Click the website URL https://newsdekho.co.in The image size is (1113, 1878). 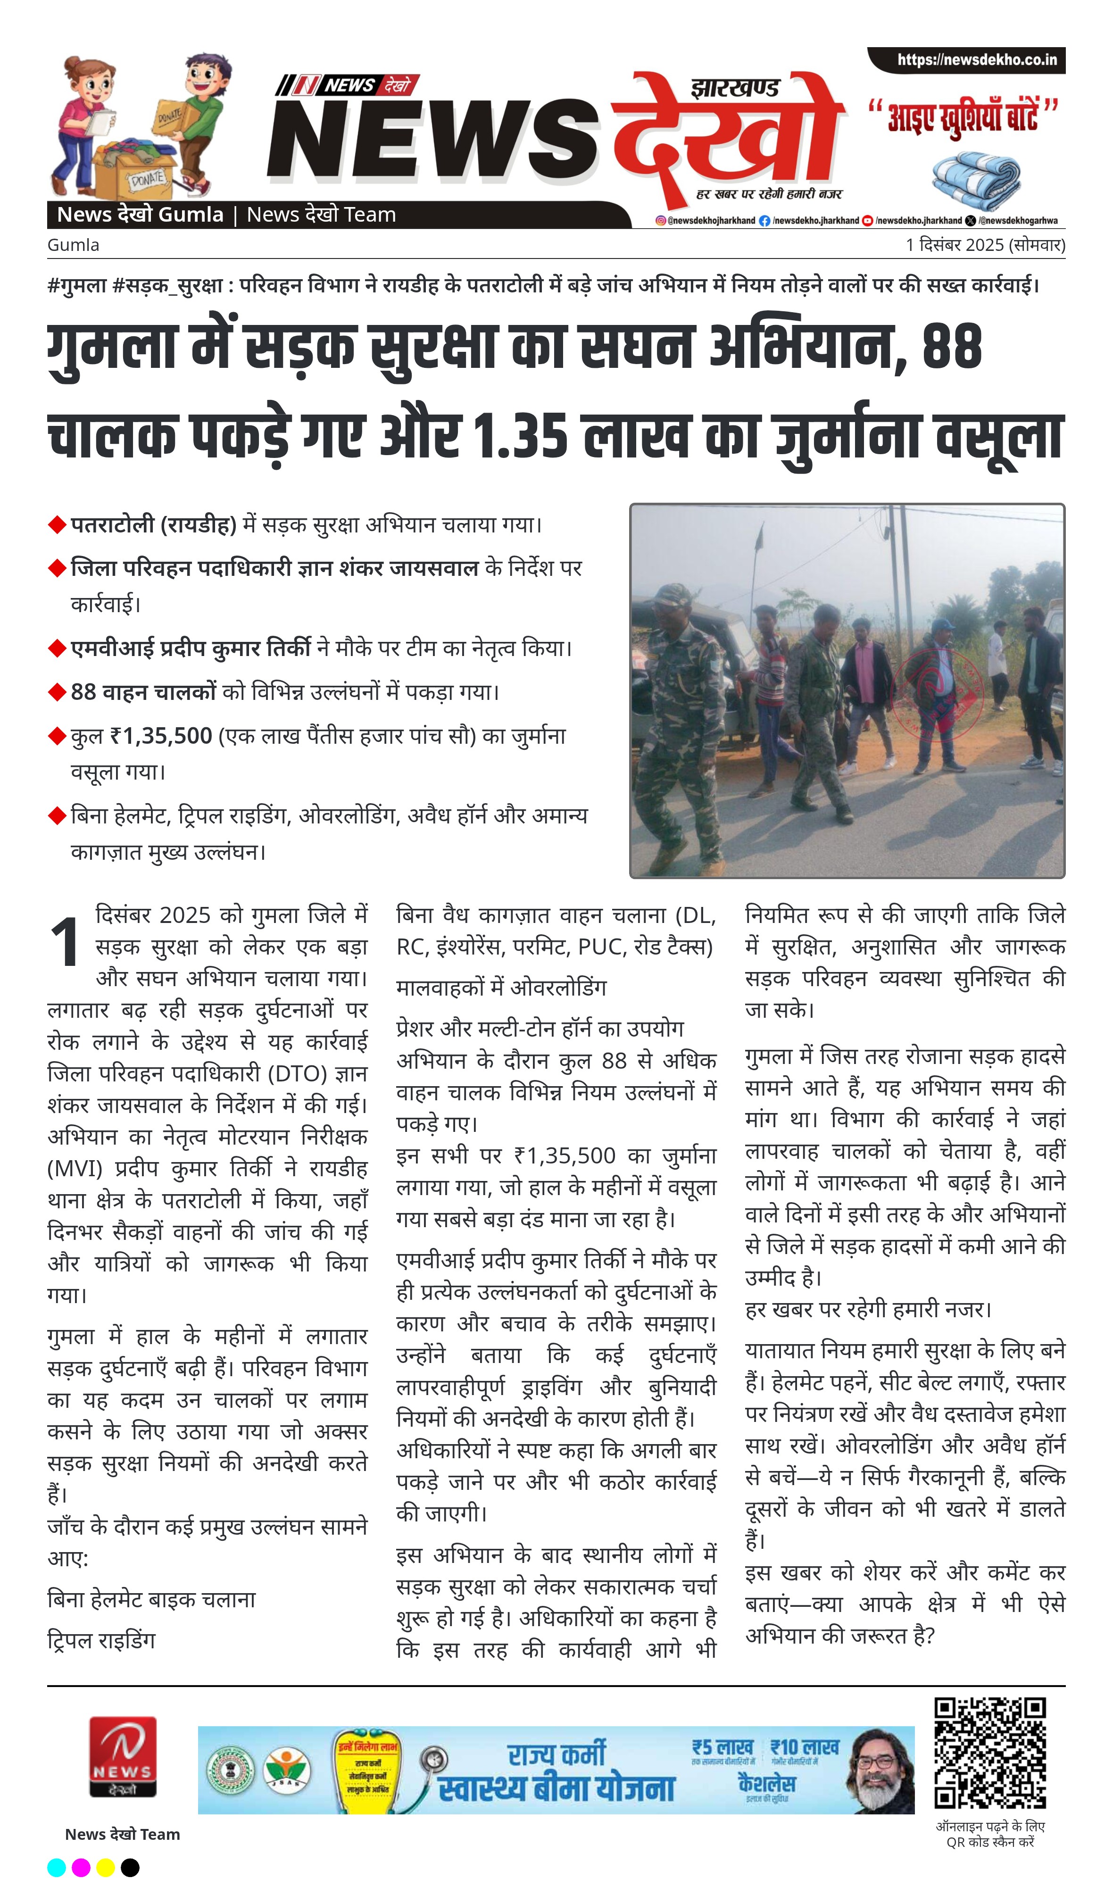coord(977,60)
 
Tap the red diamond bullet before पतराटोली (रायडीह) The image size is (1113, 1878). coord(57,525)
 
